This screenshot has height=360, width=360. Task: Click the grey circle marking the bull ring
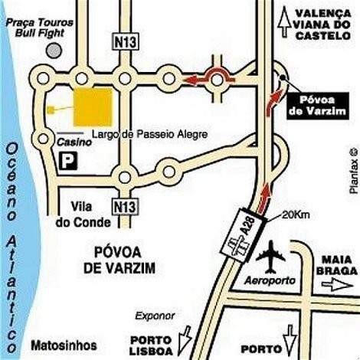click(x=54, y=48)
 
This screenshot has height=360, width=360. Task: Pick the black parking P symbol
click(x=68, y=162)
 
